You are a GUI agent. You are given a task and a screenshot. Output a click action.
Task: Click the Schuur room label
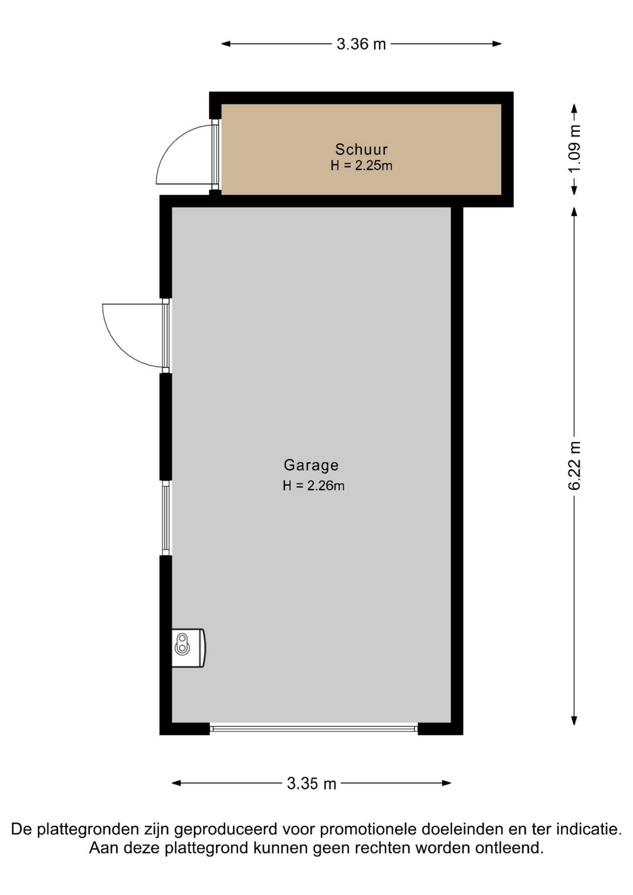[x=361, y=149]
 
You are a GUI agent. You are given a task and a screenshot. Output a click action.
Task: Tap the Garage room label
[x=311, y=465]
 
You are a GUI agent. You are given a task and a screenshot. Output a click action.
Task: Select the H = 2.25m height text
[x=361, y=165]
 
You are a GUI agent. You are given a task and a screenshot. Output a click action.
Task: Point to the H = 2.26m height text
[x=313, y=486]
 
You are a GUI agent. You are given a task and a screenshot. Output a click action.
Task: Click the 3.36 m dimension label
[x=361, y=44]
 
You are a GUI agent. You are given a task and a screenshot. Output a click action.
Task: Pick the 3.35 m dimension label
[x=311, y=783]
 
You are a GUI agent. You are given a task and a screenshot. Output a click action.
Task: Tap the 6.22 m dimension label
[x=574, y=466]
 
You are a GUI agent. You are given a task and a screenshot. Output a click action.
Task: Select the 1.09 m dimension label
[x=574, y=149]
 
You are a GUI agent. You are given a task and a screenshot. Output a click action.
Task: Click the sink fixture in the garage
[x=188, y=648]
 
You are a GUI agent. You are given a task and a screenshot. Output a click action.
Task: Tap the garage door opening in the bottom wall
[x=313, y=729]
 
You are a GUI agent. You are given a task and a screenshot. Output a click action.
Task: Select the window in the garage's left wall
[x=165, y=518]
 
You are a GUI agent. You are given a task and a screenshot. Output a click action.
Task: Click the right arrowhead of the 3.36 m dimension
[x=497, y=44]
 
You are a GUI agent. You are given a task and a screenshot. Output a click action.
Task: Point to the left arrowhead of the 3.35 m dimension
[x=176, y=783]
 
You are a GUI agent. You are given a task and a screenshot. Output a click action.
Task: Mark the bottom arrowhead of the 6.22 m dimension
[x=574, y=721]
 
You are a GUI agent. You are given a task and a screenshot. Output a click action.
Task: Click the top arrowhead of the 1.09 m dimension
[x=574, y=108]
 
